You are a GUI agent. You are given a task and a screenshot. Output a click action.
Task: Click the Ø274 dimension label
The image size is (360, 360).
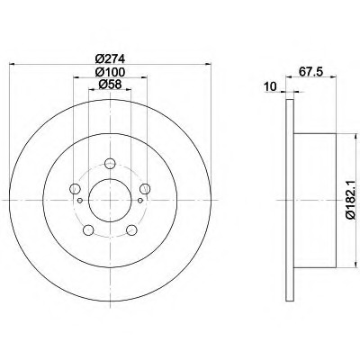point(110,58)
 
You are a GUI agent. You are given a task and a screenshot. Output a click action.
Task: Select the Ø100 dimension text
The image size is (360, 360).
point(110,72)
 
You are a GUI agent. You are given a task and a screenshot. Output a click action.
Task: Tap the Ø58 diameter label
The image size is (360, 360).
point(110,85)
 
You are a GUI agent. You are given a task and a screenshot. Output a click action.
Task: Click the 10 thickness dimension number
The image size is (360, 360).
point(270,86)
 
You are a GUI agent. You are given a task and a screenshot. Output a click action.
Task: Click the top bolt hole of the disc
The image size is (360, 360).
point(110,164)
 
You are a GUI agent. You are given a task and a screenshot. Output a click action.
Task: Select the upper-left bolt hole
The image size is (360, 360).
point(75,189)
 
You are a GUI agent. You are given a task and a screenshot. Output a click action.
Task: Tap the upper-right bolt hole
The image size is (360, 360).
point(145,189)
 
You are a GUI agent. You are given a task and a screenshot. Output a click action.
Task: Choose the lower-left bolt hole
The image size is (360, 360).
point(88,230)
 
